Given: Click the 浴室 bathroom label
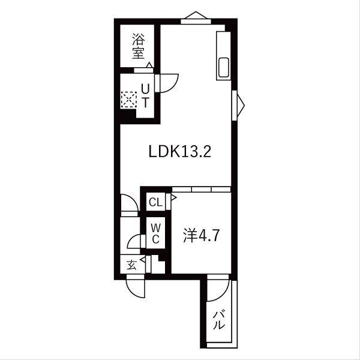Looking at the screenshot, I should (x=139, y=46).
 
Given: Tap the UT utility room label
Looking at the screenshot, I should (x=145, y=95).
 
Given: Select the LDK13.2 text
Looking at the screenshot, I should (x=179, y=152).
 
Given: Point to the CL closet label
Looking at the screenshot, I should (x=155, y=202).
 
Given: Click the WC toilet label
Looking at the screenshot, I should (x=155, y=233).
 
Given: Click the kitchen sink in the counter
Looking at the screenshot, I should (x=223, y=68).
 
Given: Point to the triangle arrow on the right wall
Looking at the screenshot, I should (x=241, y=105).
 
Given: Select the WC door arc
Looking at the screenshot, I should (x=135, y=242).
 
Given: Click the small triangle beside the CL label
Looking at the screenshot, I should (x=173, y=196).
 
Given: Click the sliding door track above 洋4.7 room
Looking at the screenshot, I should (x=201, y=188).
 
